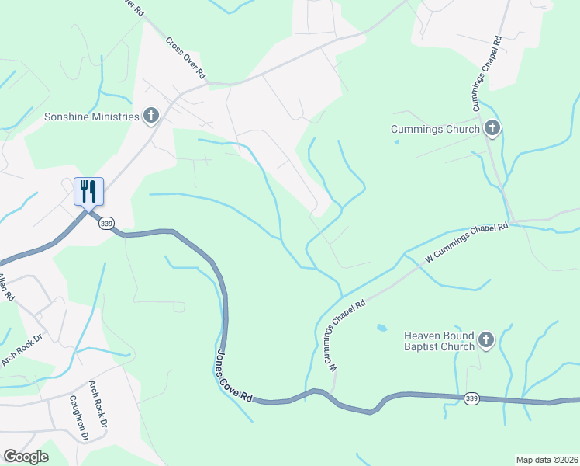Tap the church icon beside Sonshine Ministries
tap(151, 116)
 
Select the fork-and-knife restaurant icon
tap(88, 191)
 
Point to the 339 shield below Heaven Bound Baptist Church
tap(471, 398)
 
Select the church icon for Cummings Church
tap(492, 128)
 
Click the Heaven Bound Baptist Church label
tap(438, 341)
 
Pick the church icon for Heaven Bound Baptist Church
tap(486, 340)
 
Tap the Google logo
tap(26, 457)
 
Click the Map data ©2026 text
tap(547, 460)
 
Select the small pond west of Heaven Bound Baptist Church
tap(381, 328)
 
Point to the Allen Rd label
tap(6, 288)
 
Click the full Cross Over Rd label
tap(185, 57)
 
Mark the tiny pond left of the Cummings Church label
tap(397, 141)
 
